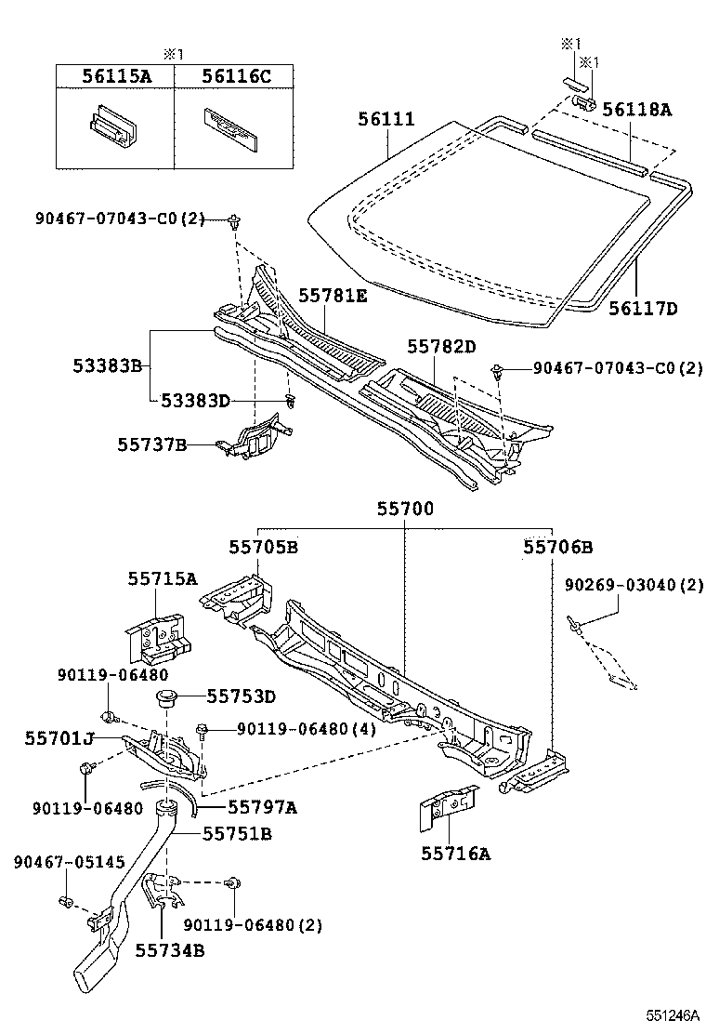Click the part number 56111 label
click(x=386, y=120)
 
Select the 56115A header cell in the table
click(x=114, y=76)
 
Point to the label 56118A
click(x=636, y=110)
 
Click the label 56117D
click(x=644, y=308)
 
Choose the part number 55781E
click(x=333, y=296)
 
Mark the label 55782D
click(x=441, y=347)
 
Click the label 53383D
click(x=194, y=401)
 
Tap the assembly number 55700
click(x=405, y=510)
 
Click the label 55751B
click(x=237, y=834)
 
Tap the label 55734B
click(x=170, y=949)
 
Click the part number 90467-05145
click(x=69, y=862)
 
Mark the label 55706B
click(x=557, y=547)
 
